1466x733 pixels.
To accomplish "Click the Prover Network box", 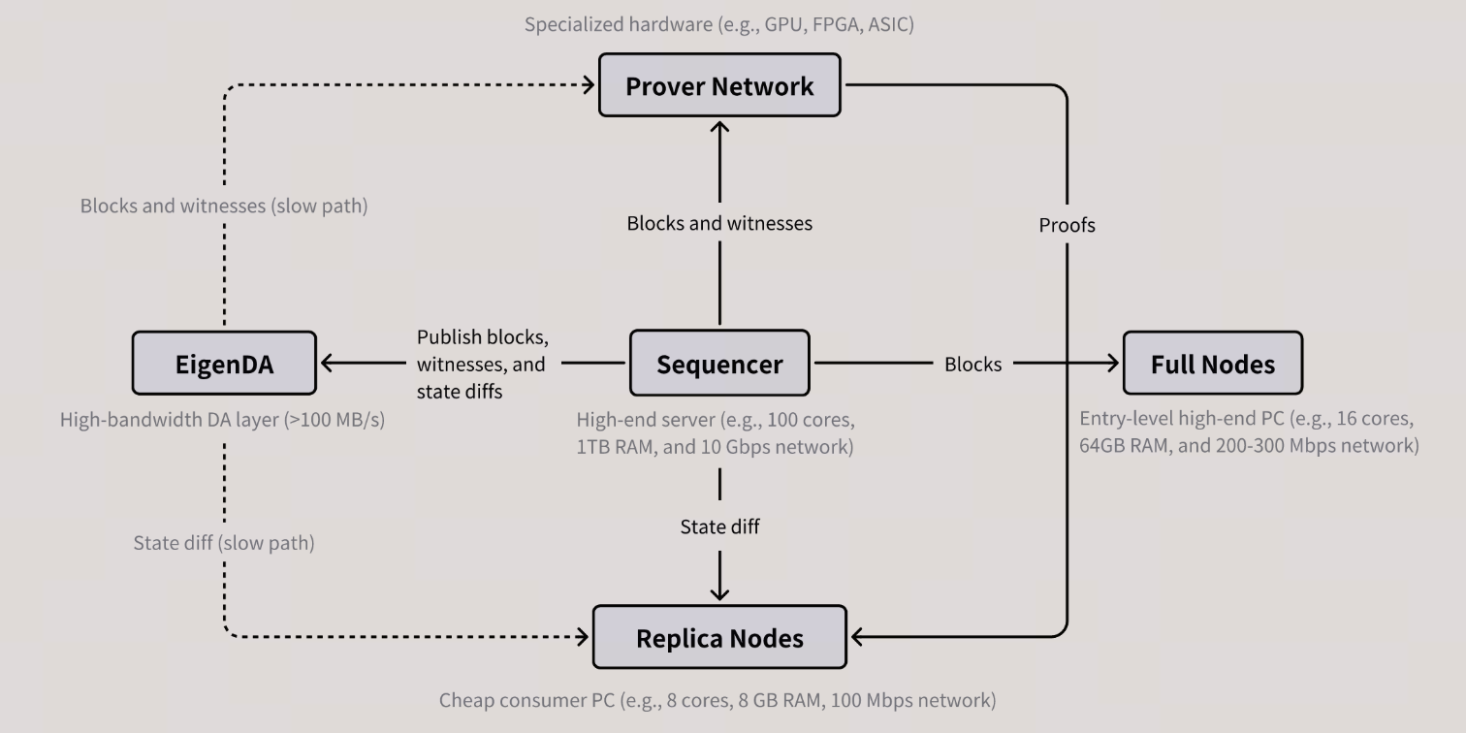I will (x=719, y=85).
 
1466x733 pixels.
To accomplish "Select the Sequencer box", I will (x=719, y=364).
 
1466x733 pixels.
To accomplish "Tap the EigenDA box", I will (x=224, y=364).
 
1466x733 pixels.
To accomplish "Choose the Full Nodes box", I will (x=1212, y=364).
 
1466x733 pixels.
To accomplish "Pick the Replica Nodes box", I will (x=719, y=638).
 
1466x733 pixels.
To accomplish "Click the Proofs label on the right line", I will (x=1067, y=225).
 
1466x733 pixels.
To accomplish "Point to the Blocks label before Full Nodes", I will (x=972, y=364).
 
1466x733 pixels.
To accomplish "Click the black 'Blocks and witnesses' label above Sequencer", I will (x=719, y=223).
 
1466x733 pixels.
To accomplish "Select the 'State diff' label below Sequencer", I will (x=719, y=526).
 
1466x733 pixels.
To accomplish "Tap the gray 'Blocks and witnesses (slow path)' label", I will (x=224, y=206).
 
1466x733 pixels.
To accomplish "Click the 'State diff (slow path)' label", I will (x=224, y=543).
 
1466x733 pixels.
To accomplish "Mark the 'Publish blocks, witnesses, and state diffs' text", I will (x=483, y=364).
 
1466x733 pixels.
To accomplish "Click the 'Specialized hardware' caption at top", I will (x=719, y=24).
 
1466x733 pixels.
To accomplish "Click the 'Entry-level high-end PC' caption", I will (x=1249, y=432).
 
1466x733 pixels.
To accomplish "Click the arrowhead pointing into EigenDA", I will (x=328, y=364).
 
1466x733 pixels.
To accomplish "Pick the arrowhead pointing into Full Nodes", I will (x=1110, y=364).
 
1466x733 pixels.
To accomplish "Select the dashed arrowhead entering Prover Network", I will (x=588, y=85).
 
